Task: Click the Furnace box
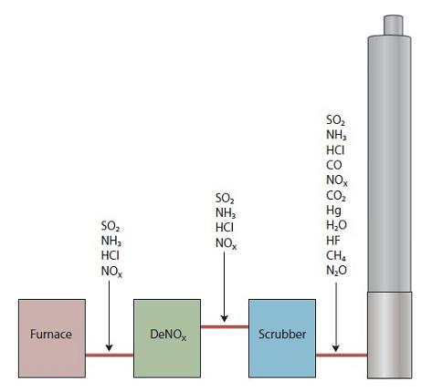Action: pyautogui.click(x=52, y=338)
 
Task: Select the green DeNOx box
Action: pyautogui.click(x=167, y=338)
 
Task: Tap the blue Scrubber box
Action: pyautogui.click(x=282, y=338)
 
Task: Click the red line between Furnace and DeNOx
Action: pyautogui.click(x=110, y=355)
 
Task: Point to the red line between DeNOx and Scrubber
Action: pyautogui.click(x=225, y=327)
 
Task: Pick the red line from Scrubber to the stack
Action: pyautogui.click(x=342, y=355)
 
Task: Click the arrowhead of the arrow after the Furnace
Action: pyautogui.click(x=109, y=348)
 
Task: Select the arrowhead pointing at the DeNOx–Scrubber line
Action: pyautogui.click(x=225, y=319)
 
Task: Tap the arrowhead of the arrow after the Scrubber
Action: pyautogui.click(x=336, y=348)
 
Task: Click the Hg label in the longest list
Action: pyautogui.click(x=333, y=211)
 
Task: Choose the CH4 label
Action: pyautogui.click(x=336, y=256)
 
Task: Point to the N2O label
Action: pyautogui.click(x=336, y=271)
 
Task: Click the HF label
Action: pyautogui.click(x=333, y=241)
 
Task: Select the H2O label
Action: pyautogui.click(x=336, y=225)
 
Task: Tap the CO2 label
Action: pyautogui.click(x=336, y=196)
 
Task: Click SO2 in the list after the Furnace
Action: pyautogui.click(x=111, y=226)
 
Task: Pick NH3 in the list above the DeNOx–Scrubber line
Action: pyautogui.click(x=226, y=213)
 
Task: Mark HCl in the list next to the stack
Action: pyautogui.click(x=335, y=150)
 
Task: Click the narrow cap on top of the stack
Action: pyautogui.click(x=394, y=25)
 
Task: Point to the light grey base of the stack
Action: pyautogui.click(x=390, y=334)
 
